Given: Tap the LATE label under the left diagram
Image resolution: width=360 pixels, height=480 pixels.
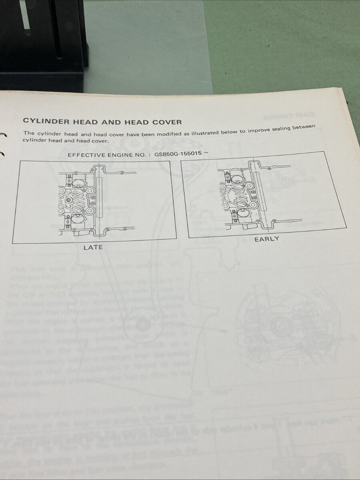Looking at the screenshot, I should point(93,248).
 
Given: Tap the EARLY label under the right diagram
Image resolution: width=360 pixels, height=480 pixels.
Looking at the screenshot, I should point(267,239).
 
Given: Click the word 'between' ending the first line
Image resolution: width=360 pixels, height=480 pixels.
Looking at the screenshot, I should point(304,127).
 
